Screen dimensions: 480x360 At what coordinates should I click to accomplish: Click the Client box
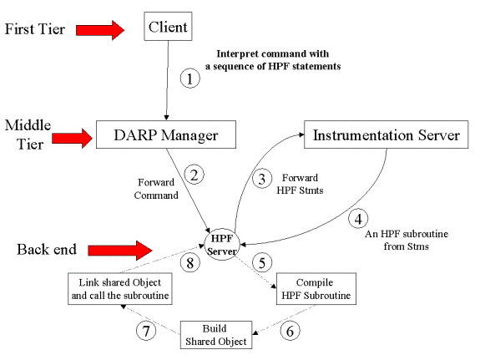click(168, 27)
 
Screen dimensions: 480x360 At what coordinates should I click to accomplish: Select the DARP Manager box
click(166, 134)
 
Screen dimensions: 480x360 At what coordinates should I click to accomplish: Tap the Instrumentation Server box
click(386, 134)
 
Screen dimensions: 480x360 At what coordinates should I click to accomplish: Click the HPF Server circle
click(222, 245)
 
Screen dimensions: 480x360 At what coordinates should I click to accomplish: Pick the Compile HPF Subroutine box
click(316, 289)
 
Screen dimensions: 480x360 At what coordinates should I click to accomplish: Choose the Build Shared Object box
click(216, 335)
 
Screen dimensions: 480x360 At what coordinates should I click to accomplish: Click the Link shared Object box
click(120, 289)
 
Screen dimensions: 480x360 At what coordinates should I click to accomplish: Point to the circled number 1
click(189, 79)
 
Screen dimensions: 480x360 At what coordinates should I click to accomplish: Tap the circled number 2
click(194, 175)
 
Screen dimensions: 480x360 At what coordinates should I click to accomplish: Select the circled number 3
click(262, 179)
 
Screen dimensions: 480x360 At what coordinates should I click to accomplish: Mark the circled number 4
click(358, 219)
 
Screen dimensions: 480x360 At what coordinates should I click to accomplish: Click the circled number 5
click(262, 262)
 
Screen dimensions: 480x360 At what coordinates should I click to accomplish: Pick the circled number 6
click(290, 331)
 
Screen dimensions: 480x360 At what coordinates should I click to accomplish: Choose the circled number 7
click(146, 331)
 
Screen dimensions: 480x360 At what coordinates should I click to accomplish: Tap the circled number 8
click(189, 262)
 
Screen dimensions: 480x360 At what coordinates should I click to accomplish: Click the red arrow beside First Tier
click(100, 30)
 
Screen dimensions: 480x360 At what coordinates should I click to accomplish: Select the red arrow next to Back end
click(120, 251)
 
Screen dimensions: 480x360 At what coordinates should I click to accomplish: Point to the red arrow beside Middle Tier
click(73, 139)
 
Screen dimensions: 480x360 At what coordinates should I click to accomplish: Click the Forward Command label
click(156, 189)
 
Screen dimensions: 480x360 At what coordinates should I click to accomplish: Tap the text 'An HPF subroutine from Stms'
click(407, 241)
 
